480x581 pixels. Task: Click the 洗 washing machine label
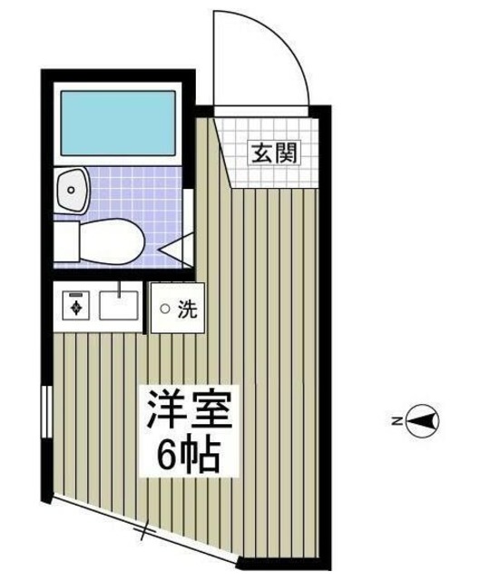point(187,309)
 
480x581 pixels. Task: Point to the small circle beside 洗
point(164,310)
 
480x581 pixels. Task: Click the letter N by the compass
point(397,420)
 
